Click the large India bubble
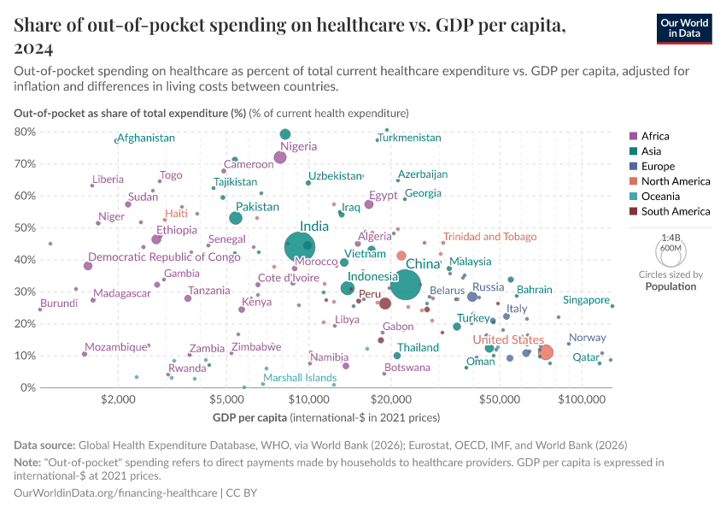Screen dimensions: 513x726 click(x=299, y=247)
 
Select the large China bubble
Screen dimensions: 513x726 click(x=406, y=285)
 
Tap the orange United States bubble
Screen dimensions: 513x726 click(x=545, y=352)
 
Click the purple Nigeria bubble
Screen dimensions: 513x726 click(x=280, y=157)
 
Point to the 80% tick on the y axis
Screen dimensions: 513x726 click(x=25, y=132)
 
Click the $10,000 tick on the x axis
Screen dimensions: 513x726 click(x=309, y=399)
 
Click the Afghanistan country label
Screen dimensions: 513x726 click(x=146, y=138)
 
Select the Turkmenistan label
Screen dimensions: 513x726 click(x=409, y=138)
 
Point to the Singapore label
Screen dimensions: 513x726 click(x=586, y=300)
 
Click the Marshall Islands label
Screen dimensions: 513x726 click(x=299, y=378)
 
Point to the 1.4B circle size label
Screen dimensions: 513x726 click(x=670, y=240)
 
